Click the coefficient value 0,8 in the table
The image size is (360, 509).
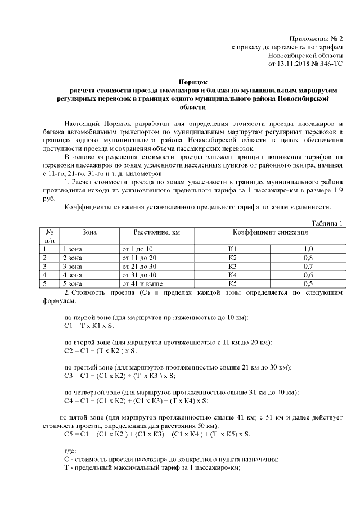308,257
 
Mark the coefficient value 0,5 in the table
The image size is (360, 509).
308,284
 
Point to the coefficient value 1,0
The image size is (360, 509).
308,248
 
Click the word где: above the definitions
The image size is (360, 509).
71,451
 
